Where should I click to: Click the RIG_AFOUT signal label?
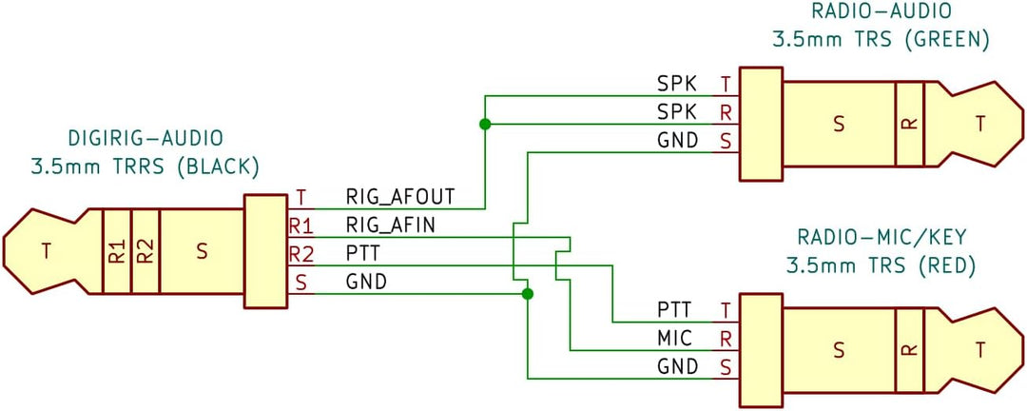pyautogui.click(x=400, y=198)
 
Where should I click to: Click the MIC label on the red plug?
pyautogui.click(x=676, y=338)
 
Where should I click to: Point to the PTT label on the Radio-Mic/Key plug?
pyautogui.click(x=676, y=310)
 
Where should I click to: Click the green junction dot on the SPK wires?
pyautogui.click(x=485, y=125)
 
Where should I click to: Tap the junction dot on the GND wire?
pyautogui.click(x=528, y=294)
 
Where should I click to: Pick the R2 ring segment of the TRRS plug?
pyautogui.click(x=145, y=252)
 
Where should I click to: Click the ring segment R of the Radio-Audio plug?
pyautogui.click(x=909, y=124)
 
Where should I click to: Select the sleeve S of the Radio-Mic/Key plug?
pyautogui.click(x=838, y=349)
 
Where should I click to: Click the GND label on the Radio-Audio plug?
pyautogui.click(x=678, y=141)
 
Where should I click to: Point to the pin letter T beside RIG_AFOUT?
pyautogui.click(x=300, y=198)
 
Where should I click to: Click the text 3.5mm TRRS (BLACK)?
pyautogui.click(x=145, y=166)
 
